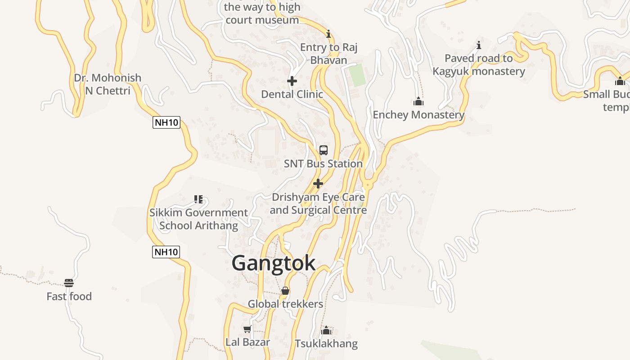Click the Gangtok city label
click(273, 263)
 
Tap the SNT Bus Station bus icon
click(323, 150)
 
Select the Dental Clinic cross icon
click(292, 81)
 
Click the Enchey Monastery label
click(418, 115)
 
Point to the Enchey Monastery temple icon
click(418, 101)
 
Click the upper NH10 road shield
click(166, 122)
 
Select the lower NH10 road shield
click(166, 252)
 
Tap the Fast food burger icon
click(69, 283)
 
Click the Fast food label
click(69, 297)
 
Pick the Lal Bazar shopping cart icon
click(247, 329)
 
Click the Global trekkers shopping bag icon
click(285, 291)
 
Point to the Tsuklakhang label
click(326, 344)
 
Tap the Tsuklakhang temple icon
click(326, 331)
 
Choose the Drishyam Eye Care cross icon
click(318, 184)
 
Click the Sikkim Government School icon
click(198, 199)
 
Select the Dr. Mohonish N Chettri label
click(108, 84)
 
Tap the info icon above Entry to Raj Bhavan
click(328, 34)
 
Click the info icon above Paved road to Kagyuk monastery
click(479, 45)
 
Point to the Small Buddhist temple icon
click(620, 81)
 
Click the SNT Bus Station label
click(323, 164)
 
